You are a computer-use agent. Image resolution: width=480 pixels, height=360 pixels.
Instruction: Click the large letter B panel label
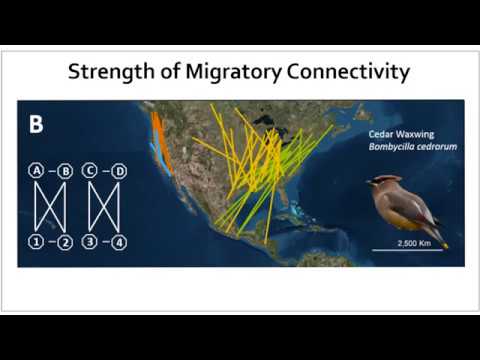coord(36,125)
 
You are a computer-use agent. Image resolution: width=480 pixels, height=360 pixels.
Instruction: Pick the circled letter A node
coord(37,171)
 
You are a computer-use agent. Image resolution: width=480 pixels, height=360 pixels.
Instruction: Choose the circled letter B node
coord(65,171)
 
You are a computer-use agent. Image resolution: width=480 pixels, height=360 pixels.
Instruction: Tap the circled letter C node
coord(90,171)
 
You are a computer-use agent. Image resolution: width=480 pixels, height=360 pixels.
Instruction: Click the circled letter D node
coord(119,171)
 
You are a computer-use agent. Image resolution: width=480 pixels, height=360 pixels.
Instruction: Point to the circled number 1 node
coord(37,240)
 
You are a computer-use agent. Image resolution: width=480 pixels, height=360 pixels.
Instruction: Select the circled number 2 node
coord(65,240)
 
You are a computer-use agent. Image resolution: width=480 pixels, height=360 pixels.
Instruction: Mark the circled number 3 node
coord(90,240)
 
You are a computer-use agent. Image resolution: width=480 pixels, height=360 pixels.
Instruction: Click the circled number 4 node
coord(119,240)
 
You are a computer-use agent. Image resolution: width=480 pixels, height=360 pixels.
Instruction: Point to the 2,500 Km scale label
coord(407,242)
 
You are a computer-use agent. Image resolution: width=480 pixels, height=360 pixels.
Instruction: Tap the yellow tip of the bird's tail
coord(443,245)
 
